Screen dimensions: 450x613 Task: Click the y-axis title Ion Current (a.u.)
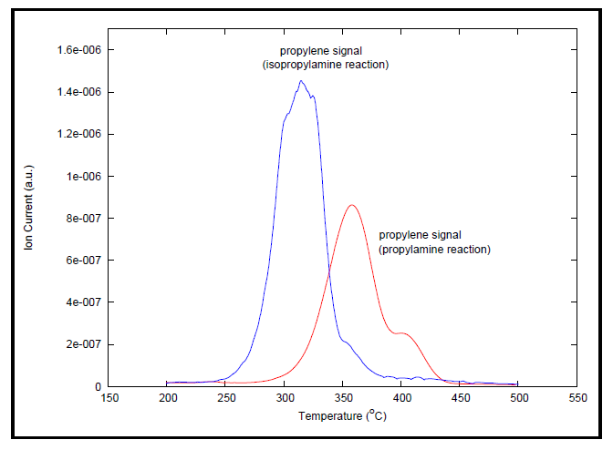[31, 215]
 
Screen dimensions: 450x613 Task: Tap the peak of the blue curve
[301, 81]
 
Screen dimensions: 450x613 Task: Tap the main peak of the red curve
[352, 205]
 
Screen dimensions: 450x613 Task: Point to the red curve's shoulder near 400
[402, 333]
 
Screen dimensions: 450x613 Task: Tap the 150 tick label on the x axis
[109, 399]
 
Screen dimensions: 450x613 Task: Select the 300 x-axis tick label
[285, 399]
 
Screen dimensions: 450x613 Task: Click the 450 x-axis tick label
[461, 399]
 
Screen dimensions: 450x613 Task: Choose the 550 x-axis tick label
[577, 399]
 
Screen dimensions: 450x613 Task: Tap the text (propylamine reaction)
[434, 249]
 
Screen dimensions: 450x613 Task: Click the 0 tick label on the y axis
[99, 387]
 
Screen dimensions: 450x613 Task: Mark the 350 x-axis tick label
[343, 399]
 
